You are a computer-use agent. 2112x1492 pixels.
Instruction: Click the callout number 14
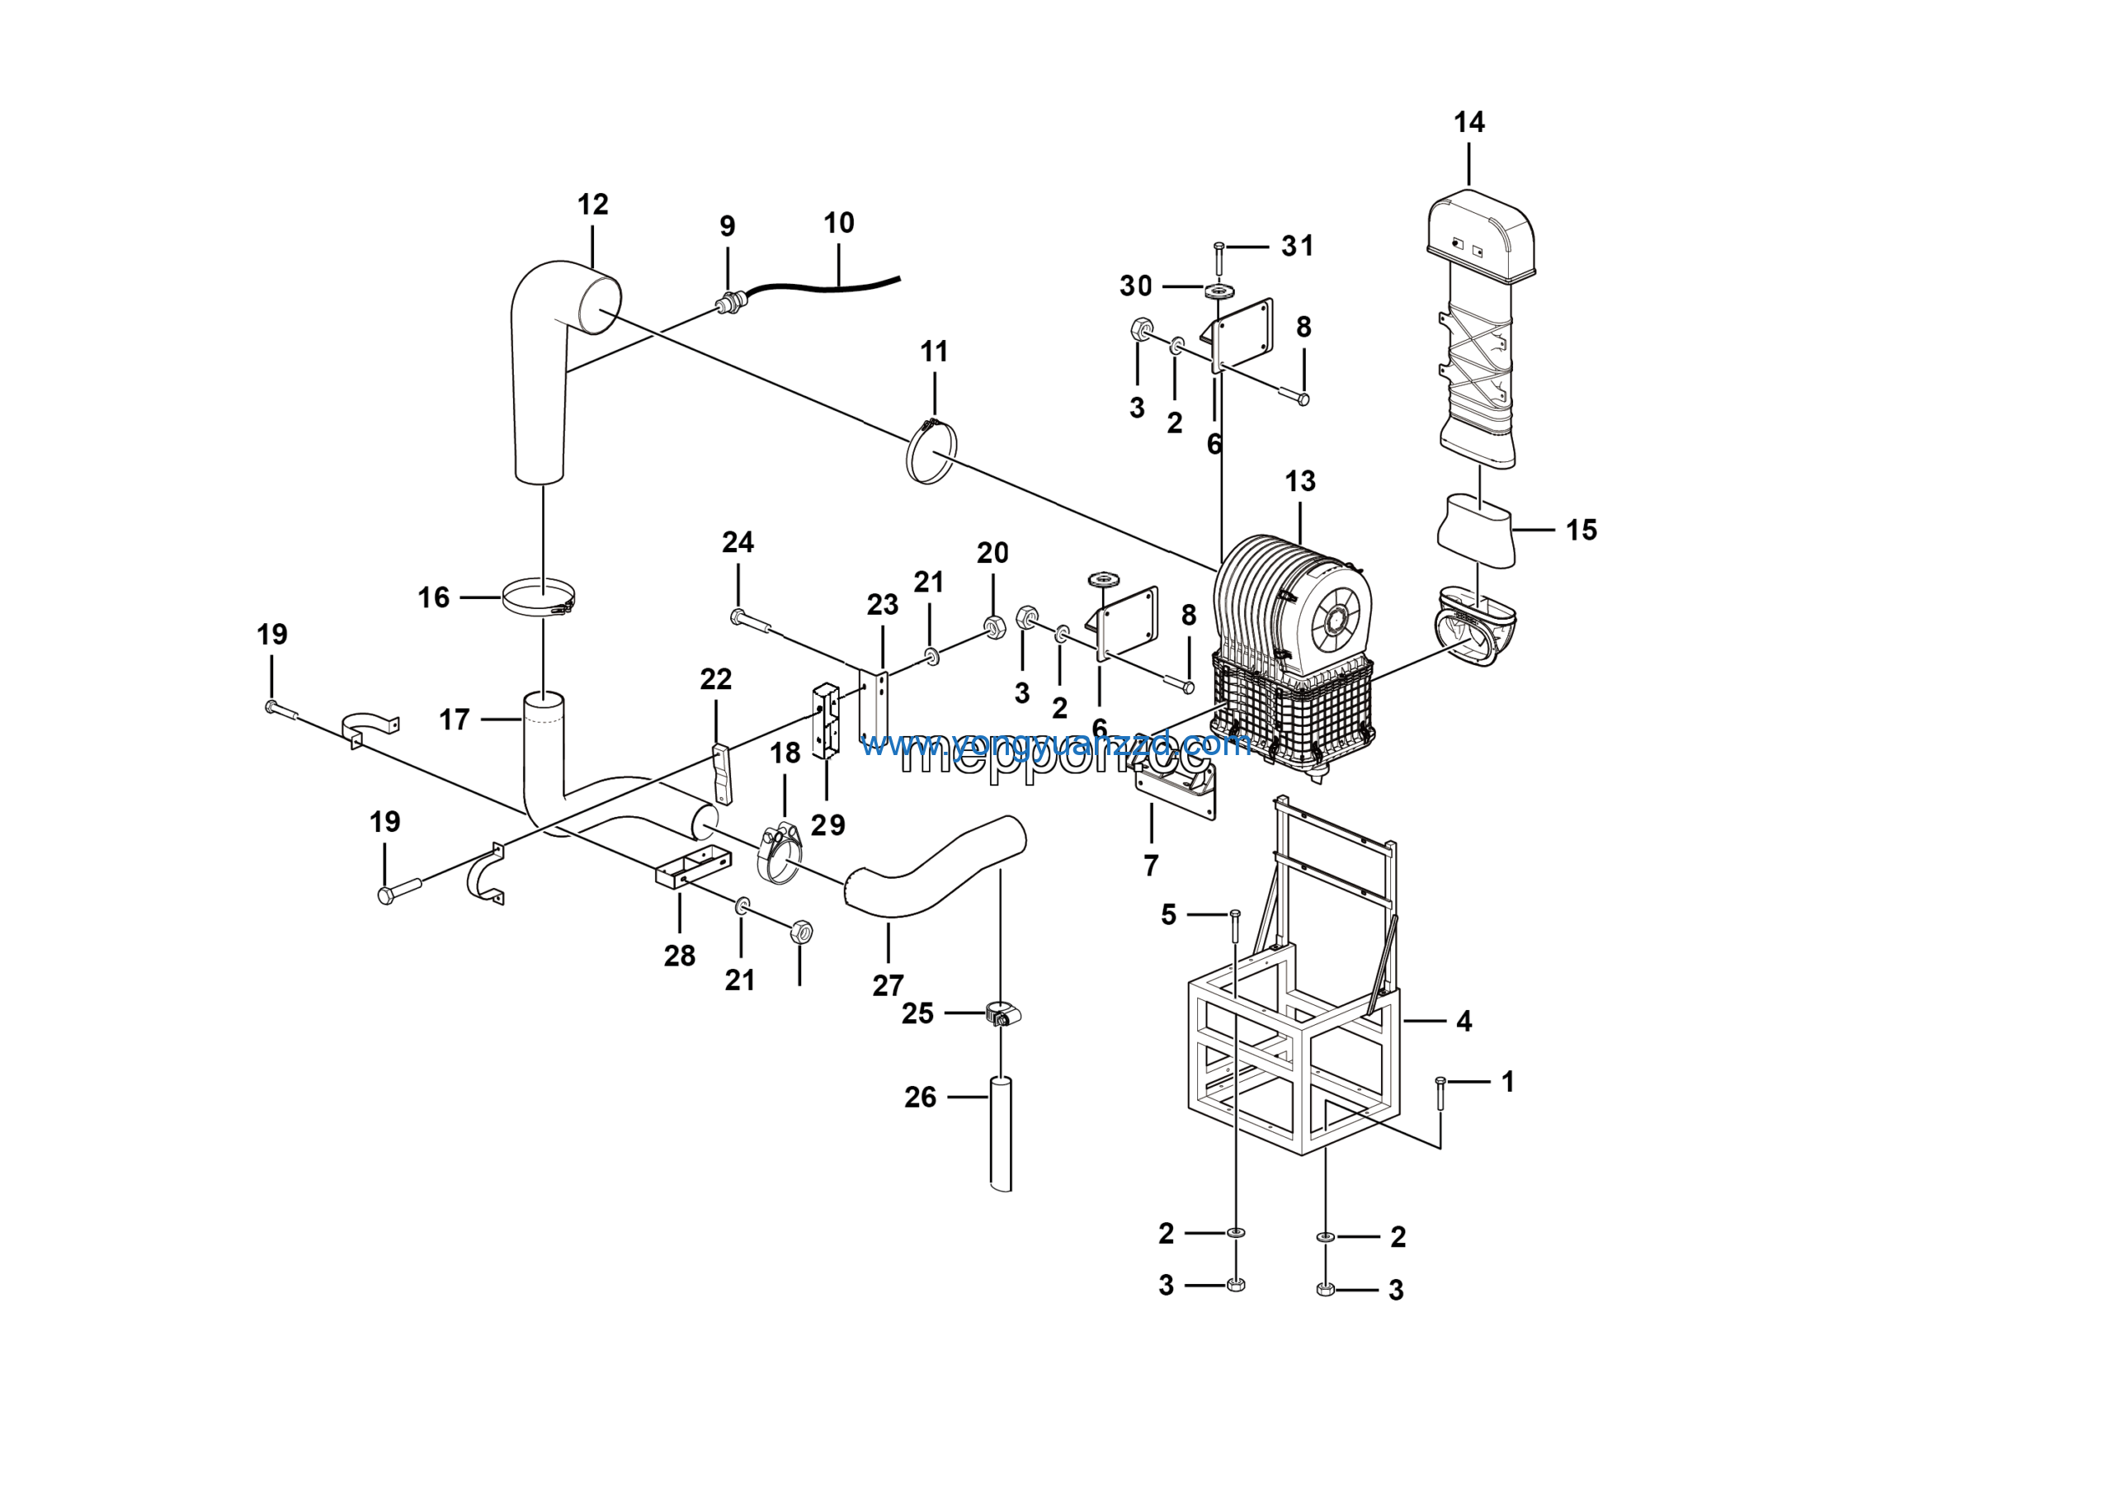pyautogui.click(x=1469, y=122)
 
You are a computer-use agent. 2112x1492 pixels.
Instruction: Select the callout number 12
pyautogui.click(x=592, y=204)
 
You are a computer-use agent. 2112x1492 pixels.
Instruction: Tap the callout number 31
pyautogui.click(x=1297, y=246)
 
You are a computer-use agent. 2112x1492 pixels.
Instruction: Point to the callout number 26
pyautogui.click(x=920, y=1097)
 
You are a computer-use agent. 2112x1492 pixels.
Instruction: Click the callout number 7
pyautogui.click(x=1151, y=865)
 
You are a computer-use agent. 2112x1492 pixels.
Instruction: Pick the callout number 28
pyautogui.click(x=680, y=956)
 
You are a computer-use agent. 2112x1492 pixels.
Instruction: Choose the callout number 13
pyautogui.click(x=1299, y=481)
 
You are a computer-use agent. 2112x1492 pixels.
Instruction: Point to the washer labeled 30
pyautogui.click(x=1219, y=291)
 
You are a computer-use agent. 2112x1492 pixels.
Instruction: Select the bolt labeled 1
pyautogui.click(x=1440, y=1093)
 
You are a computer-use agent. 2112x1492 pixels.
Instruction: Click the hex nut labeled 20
pyautogui.click(x=993, y=626)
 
